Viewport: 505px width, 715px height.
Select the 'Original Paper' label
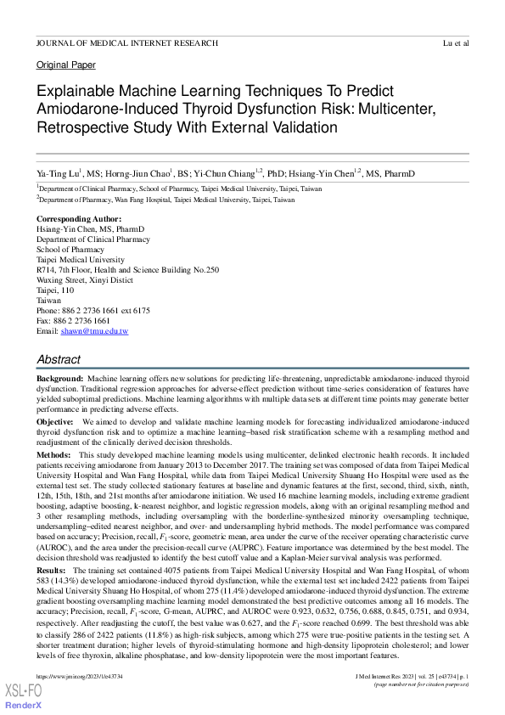(x=66, y=65)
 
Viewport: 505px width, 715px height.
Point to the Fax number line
(x=73, y=321)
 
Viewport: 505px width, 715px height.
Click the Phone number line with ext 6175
(x=93, y=311)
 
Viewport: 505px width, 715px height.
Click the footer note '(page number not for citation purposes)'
(x=422, y=684)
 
